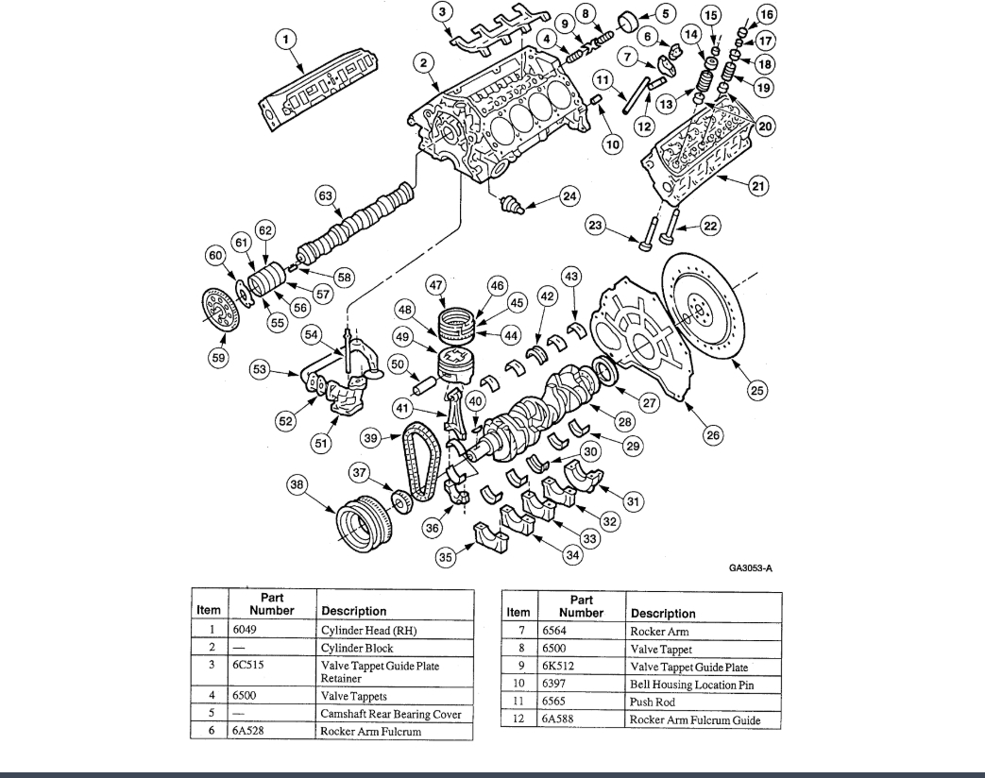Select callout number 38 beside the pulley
(298, 485)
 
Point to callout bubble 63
(326, 195)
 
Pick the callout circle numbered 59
(219, 359)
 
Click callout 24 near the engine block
(569, 197)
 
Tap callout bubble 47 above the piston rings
(435, 285)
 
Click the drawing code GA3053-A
(751, 568)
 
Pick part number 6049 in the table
(244, 630)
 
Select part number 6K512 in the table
(557, 667)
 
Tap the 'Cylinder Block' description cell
(357, 649)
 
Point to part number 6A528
(247, 732)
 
